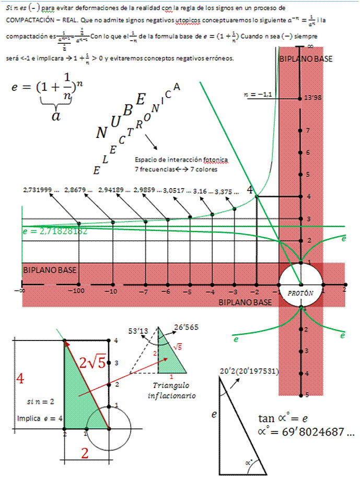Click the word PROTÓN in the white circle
point(300,293)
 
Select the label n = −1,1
point(258,95)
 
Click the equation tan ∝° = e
point(283,418)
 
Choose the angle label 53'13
point(138,331)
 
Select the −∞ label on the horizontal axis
point(21,291)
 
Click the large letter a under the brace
point(55,116)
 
